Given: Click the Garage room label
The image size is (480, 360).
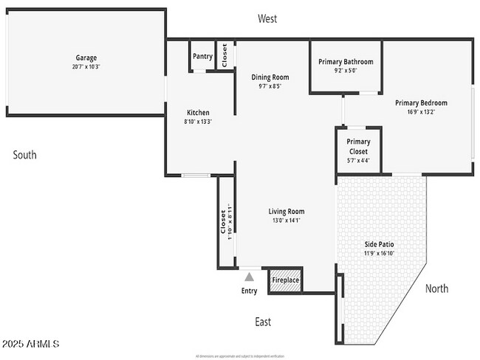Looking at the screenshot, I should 86,58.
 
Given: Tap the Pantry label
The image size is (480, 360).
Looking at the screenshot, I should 202,56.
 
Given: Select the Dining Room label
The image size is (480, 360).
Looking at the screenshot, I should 270,77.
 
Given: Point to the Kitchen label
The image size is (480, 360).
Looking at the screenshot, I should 197,112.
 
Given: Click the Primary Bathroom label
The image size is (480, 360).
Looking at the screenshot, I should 346,62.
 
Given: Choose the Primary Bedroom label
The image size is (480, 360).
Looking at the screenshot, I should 421,103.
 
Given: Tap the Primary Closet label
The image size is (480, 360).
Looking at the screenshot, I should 358,146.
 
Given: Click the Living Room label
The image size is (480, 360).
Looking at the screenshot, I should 286,211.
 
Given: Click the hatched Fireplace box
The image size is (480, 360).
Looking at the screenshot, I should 286,280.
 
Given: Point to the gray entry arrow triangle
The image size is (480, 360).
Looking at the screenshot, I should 250,277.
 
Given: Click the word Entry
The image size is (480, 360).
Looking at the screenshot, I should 250,291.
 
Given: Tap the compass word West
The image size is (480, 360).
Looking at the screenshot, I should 267,19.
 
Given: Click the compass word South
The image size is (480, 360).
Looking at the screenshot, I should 24,155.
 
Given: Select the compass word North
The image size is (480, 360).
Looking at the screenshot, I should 436,288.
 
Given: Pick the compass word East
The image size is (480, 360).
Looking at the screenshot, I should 263,322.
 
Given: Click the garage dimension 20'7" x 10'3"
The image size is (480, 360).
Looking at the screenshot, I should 86,67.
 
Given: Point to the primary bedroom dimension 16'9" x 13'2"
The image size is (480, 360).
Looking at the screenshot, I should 421,112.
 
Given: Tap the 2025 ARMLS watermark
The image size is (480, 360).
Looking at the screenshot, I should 30,345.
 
